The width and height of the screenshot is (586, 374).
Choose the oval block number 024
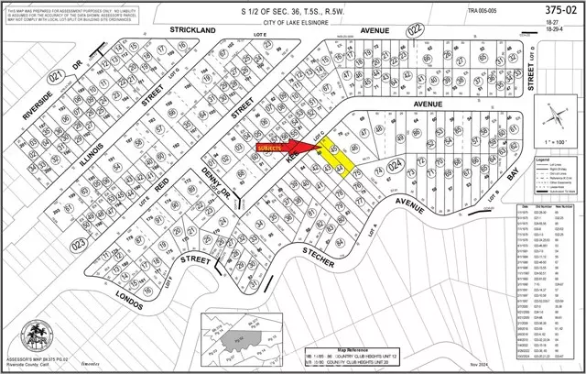394,165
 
